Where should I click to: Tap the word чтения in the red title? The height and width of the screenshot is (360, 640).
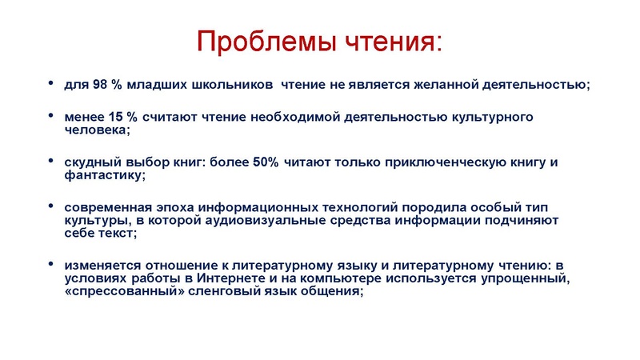tap(382, 40)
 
